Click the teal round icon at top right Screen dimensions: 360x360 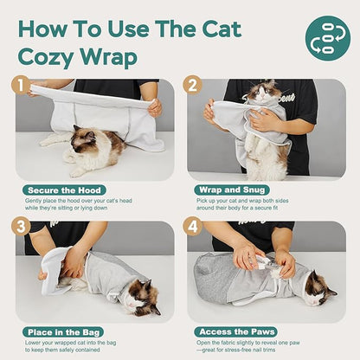[328, 38]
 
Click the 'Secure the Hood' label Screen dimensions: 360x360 [66, 190]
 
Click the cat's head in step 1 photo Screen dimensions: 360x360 [85, 138]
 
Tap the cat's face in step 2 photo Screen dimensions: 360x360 [257, 93]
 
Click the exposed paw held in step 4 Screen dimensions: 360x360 [258, 257]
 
